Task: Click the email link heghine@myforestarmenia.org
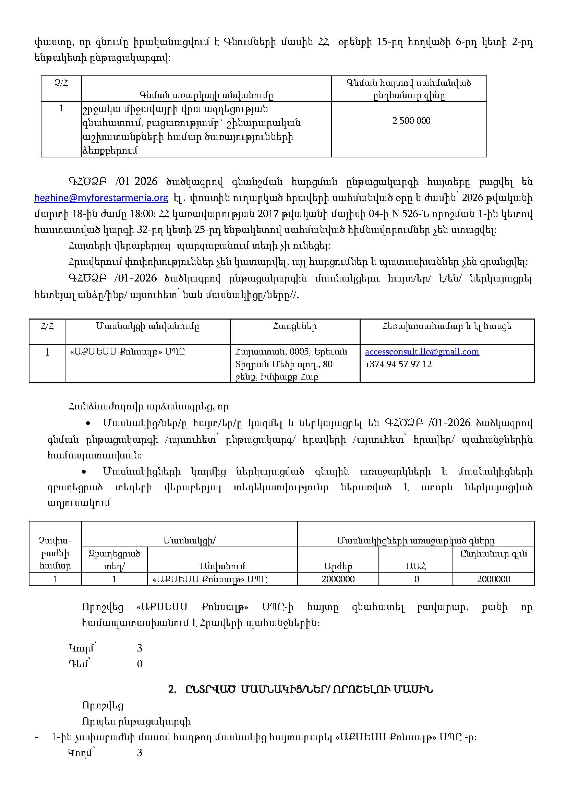(101, 198)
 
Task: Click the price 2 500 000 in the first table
(411, 121)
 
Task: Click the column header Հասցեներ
(295, 326)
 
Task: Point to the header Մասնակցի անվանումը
(148, 326)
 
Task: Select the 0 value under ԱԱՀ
(417, 579)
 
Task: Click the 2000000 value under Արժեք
(338, 579)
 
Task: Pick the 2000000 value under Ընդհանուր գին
(493, 579)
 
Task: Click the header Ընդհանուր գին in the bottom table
(493, 554)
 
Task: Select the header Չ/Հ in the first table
(61, 83)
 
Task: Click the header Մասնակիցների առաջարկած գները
(415, 541)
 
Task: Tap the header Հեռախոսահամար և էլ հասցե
(447, 326)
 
